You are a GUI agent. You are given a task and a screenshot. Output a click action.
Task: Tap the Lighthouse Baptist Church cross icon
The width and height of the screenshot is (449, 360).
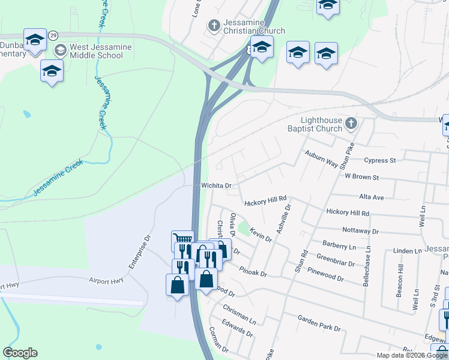point(351,124)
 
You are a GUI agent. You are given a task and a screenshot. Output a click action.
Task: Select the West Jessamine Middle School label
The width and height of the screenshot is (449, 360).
point(96,51)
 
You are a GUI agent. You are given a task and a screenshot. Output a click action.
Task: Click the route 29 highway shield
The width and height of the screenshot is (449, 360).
point(53,35)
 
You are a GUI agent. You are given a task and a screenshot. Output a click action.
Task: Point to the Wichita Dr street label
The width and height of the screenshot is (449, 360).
point(216,186)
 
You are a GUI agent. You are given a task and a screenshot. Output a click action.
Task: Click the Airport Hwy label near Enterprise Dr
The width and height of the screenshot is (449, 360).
point(106,280)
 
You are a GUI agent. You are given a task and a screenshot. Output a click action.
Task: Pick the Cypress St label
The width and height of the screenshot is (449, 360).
point(381,160)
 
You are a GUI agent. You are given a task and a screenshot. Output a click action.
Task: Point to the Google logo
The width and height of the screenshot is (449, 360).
point(20,353)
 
